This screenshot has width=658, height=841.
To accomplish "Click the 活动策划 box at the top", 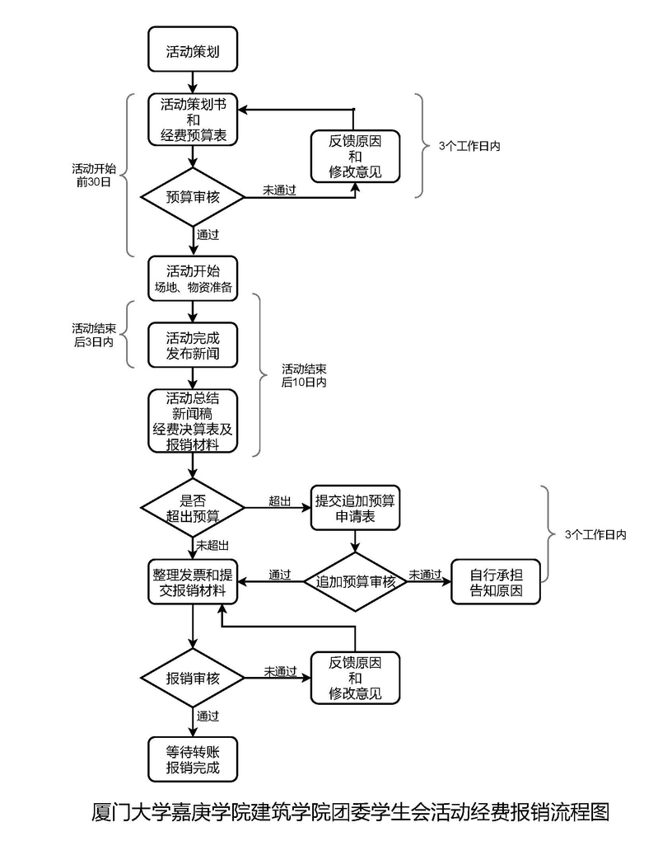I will tap(193, 49).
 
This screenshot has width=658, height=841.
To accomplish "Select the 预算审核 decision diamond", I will tap(193, 197).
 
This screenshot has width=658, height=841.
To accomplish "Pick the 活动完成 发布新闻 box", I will tap(193, 345).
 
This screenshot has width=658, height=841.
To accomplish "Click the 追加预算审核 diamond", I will tap(355, 581).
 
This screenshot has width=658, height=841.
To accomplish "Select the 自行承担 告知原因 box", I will tap(495, 582).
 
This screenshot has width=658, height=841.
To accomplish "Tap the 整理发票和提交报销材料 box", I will tap(193, 582).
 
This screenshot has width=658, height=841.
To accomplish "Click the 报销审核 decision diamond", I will tap(193, 679).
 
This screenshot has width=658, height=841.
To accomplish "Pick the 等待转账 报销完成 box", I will tap(193, 759).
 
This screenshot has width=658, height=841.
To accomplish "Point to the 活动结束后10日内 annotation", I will tap(304, 375).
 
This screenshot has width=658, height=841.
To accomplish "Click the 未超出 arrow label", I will tap(212, 546).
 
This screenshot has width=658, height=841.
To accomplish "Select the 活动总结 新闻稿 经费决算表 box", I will tap(193, 421).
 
